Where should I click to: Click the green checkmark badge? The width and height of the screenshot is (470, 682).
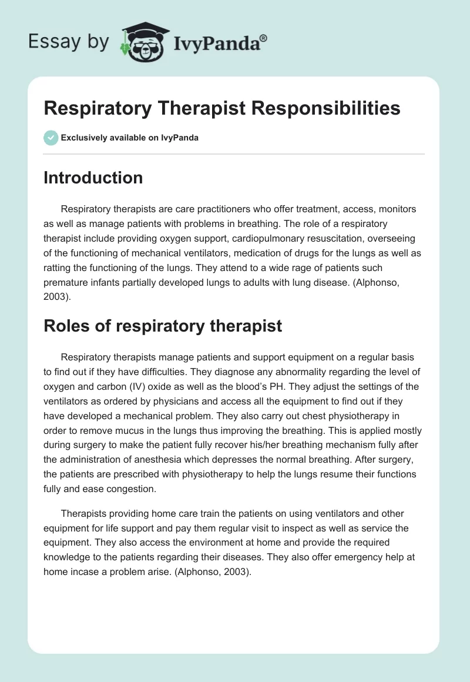pyautogui.click(x=51, y=138)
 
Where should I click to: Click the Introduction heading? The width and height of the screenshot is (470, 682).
pyautogui.click(x=93, y=178)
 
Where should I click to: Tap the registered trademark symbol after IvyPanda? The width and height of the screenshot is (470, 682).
pyautogui.click(x=264, y=37)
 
